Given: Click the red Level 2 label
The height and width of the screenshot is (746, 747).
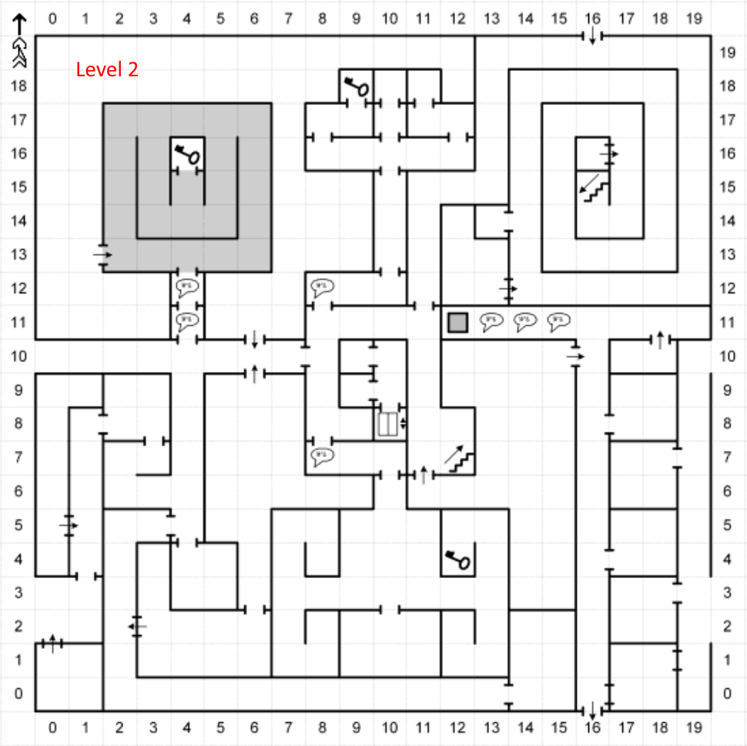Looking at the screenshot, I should tap(107, 69).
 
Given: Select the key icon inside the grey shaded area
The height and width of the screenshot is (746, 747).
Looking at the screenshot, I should tap(186, 153).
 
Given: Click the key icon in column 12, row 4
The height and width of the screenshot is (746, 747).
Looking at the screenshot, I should tap(457, 559).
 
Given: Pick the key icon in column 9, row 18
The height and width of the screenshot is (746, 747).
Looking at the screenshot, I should tap(356, 85).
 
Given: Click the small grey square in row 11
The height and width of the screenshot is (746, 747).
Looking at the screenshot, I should tap(458, 322).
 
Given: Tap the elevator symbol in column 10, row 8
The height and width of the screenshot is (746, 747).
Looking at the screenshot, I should tap(388, 424).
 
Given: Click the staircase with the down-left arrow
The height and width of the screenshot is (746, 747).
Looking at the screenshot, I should tap(594, 187).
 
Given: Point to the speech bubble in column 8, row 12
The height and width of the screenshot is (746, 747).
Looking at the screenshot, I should tap(322, 288).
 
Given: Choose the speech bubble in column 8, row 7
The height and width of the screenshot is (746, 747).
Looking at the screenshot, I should tap(322, 456).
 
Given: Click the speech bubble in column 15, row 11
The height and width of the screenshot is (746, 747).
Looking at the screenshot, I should tap(559, 322).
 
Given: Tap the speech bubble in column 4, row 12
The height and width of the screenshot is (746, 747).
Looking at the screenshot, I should tap(186, 288).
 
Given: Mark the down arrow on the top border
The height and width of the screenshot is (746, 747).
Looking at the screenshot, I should tap(592, 36).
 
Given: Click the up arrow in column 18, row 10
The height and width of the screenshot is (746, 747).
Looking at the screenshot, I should tap(660, 339).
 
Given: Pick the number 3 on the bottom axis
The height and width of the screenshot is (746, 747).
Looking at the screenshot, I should tap(153, 728).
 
